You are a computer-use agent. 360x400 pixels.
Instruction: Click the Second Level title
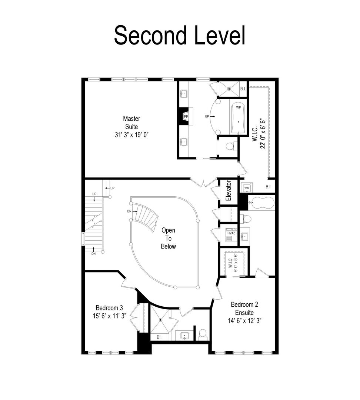[180, 36]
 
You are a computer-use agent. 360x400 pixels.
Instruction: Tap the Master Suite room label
[131, 123]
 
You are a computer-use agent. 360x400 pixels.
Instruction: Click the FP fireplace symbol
[186, 117]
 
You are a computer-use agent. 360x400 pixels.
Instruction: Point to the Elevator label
[229, 191]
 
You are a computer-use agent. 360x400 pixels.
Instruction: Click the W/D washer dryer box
[247, 188]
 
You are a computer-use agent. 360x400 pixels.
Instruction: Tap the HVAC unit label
[231, 233]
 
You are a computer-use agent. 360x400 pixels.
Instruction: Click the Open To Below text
[168, 238]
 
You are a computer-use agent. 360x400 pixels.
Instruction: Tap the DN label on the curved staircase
[129, 211]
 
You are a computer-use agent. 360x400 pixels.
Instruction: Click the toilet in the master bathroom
[230, 147]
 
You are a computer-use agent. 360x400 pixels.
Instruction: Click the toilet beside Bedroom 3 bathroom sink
[203, 333]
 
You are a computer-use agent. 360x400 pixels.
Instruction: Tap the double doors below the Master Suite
[203, 182]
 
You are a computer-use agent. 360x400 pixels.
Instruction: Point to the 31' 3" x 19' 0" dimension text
[131, 135]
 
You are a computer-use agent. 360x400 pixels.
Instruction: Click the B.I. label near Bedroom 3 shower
[160, 337]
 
